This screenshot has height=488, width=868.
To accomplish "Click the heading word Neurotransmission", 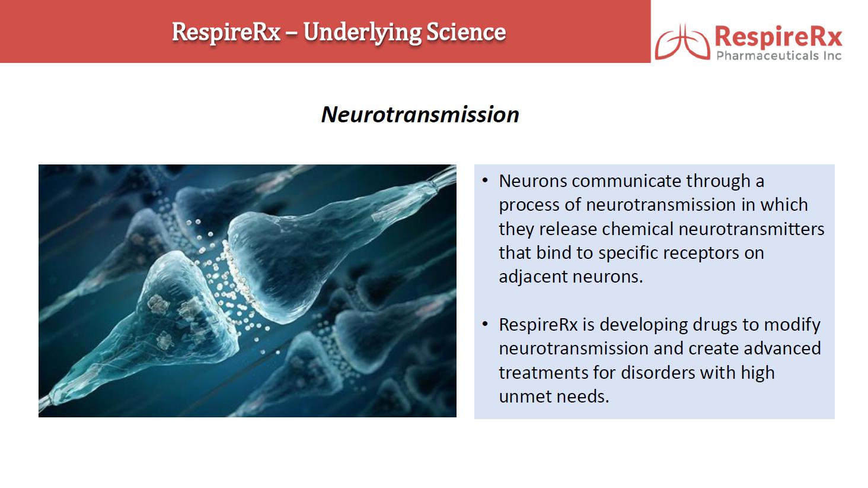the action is [420, 115].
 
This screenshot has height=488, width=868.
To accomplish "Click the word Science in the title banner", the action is [466, 32].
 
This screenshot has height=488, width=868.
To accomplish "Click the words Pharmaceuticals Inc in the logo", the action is [779, 56].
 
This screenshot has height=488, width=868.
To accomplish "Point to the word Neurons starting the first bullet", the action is [533, 181].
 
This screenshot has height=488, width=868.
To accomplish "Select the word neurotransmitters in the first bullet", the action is [751, 229].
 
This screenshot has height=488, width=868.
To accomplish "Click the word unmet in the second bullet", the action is [525, 397].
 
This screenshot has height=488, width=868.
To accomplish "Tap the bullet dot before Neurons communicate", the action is [485, 180].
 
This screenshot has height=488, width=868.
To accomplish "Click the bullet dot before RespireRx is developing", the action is [485, 324].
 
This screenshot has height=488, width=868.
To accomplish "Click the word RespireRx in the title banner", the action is [226, 33].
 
